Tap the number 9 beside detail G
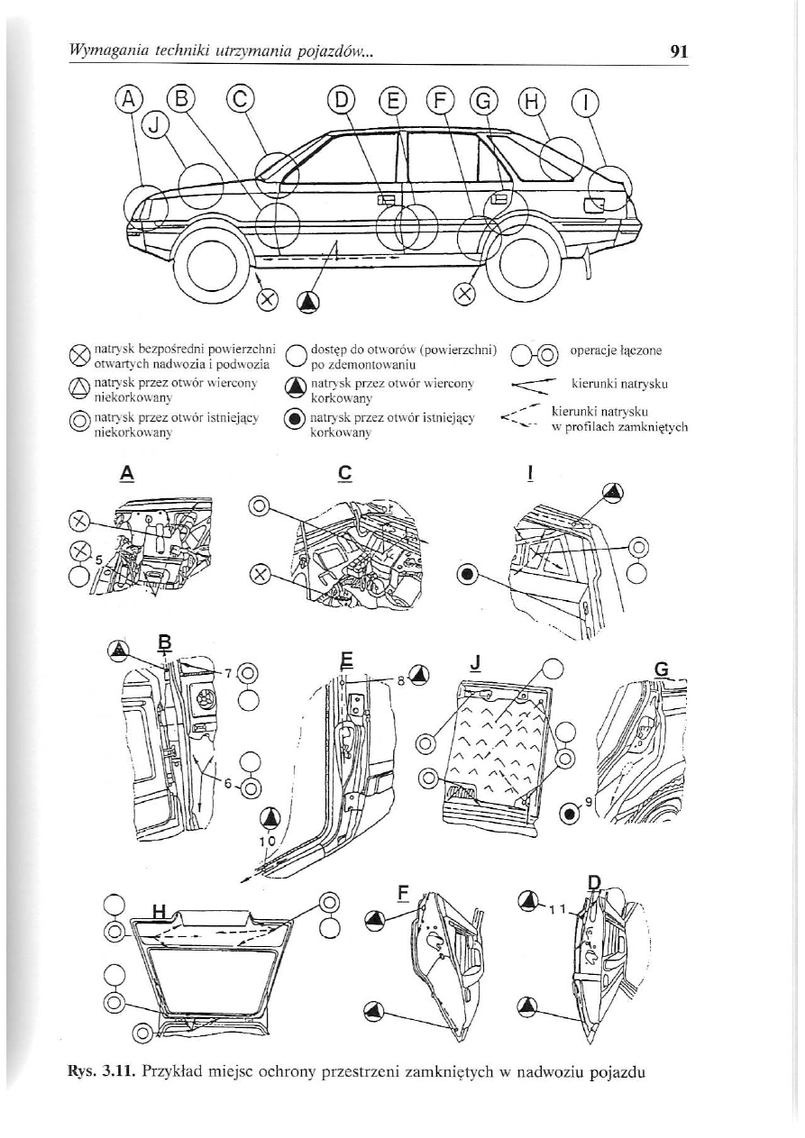(588, 800)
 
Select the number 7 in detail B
(229, 671)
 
